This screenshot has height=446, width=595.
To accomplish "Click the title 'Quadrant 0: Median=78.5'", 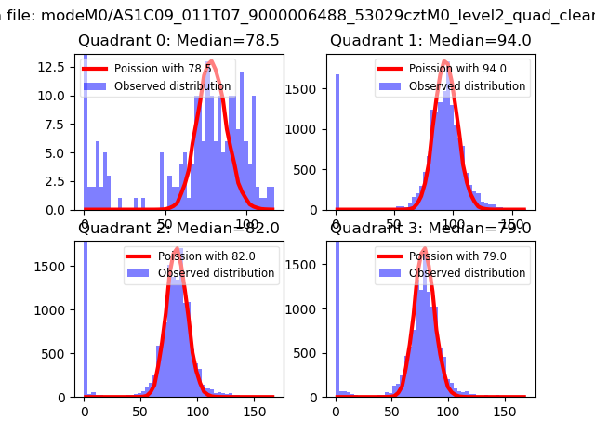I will tap(178, 41).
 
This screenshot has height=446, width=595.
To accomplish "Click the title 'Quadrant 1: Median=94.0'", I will tap(430, 41).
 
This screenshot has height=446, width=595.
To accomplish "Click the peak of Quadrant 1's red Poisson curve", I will tap(445, 61).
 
